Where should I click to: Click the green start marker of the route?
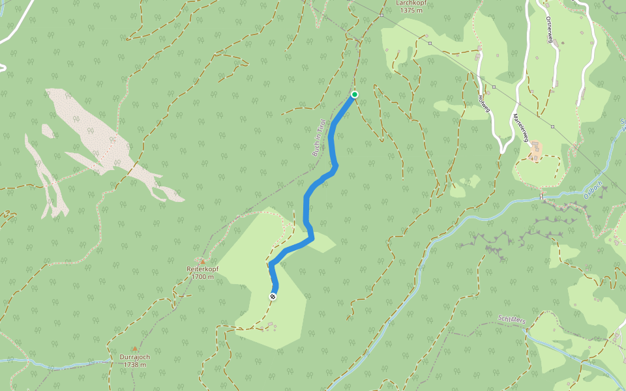coord(355,94)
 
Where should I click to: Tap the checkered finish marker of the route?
coord(273,297)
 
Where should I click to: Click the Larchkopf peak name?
coord(412,3)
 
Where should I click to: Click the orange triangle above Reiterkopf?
coord(203,261)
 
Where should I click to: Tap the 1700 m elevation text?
coord(203,277)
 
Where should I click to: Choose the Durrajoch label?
coord(135,357)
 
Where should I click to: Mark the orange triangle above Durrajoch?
coord(135,349)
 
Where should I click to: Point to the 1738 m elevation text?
coord(135,365)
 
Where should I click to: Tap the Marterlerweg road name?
coord(520,126)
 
